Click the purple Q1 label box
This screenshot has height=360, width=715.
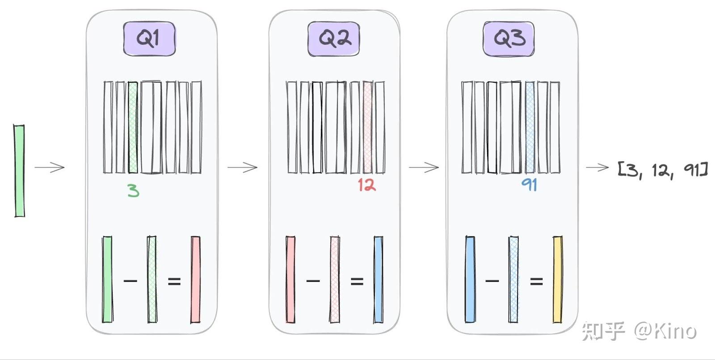[149, 39]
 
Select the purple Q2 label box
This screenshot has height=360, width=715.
[333, 39]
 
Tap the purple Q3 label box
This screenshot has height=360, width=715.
[509, 39]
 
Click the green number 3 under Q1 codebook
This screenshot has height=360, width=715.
[133, 191]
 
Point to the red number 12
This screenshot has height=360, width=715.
[366, 184]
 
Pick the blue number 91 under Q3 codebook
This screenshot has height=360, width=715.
[529, 184]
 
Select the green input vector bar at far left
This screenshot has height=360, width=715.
[19, 171]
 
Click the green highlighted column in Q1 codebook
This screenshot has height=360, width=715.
[133, 127]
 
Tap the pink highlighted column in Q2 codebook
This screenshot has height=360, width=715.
[367, 127]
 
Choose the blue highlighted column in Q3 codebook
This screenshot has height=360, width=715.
[530, 127]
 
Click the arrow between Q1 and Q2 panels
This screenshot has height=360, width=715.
[243, 167]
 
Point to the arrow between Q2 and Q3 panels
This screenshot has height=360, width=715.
[424, 167]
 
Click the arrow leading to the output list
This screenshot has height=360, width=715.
[597, 167]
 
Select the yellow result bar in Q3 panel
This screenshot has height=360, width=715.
[557, 279]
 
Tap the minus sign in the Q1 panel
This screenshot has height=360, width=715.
[130, 281]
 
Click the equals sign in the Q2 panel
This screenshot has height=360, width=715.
[357, 281]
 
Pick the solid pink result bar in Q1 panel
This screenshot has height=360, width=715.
[195, 279]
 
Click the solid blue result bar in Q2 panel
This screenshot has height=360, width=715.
[378, 279]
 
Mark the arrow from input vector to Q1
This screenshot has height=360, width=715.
[50, 167]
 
